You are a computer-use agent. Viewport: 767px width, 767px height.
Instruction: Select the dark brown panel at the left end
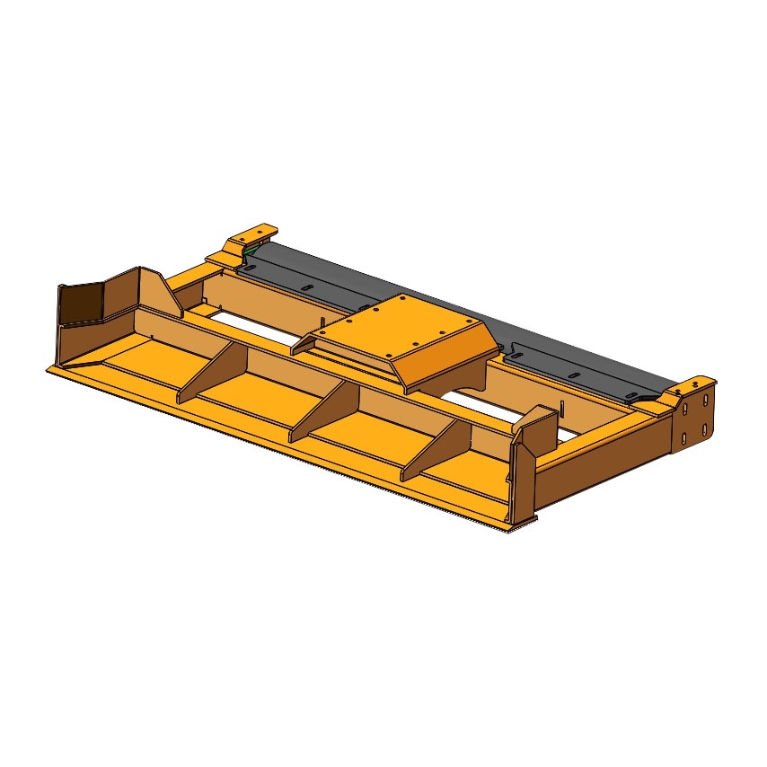[78, 304]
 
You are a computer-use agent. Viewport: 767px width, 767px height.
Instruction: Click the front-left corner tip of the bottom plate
[48, 369]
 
